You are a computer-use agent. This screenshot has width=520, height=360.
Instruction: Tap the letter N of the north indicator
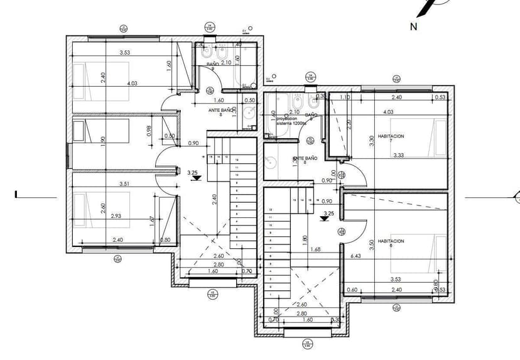pos(414,26)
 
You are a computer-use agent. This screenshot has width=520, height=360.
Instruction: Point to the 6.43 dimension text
pos(355,256)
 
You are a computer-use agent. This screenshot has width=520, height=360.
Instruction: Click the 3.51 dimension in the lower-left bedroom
pos(125,185)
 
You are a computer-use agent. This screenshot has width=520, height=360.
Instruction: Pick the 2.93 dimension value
pos(116,216)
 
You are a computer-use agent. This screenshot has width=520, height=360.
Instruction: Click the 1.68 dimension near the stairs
pos(315,250)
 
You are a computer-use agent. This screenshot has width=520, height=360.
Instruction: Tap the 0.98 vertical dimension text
pos(149,130)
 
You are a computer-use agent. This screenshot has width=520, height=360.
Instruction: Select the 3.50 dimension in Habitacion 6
pos(372,244)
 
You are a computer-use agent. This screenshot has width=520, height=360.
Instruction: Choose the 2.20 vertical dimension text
pos(347,124)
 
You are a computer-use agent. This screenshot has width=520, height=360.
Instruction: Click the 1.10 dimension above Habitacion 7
pos(345,97)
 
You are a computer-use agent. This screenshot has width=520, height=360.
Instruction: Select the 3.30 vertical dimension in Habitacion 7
pos(372,141)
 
